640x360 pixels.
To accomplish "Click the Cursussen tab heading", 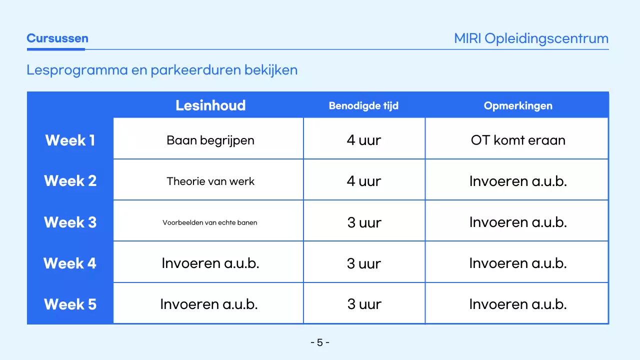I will pyautogui.click(x=57, y=38).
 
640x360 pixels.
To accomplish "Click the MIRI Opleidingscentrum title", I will pyautogui.click(x=531, y=38).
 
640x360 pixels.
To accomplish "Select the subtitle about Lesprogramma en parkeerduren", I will pyautogui.click(x=162, y=70).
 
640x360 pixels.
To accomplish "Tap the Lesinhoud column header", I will pyautogui.click(x=210, y=105).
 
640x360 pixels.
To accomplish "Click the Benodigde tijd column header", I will pyautogui.click(x=363, y=106).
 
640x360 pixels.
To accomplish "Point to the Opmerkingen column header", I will pyautogui.click(x=518, y=106).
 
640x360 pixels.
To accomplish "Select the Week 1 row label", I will pyautogui.click(x=70, y=140).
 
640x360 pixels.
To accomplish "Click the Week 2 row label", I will pyautogui.click(x=70, y=181).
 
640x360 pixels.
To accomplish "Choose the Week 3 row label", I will pyautogui.click(x=70, y=222).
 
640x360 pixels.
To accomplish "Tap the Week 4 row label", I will pyautogui.click(x=70, y=263).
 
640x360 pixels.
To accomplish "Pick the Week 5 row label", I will pyautogui.click(x=70, y=304).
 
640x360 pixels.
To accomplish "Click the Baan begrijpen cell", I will pyautogui.click(x=210, y=140).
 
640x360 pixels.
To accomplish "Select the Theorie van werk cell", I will pyautogui.click(x=210, y=181).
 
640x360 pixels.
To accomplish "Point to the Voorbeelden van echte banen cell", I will pyautogui.click(x=210, y=222).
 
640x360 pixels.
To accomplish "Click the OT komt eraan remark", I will pyautogui.click(x=518, y=140).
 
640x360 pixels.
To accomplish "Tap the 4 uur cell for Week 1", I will pyautogui.click(x=364, y=140).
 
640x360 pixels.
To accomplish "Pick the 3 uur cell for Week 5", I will pyautogui.click(x=364, y=304).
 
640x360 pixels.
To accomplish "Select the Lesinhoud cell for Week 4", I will pyautogui.click(x=210, y=263).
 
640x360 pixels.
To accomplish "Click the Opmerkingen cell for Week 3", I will pyautogui.click(x=518, y=222).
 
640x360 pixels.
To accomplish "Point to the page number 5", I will pyautogui.click(x=320, y=342).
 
